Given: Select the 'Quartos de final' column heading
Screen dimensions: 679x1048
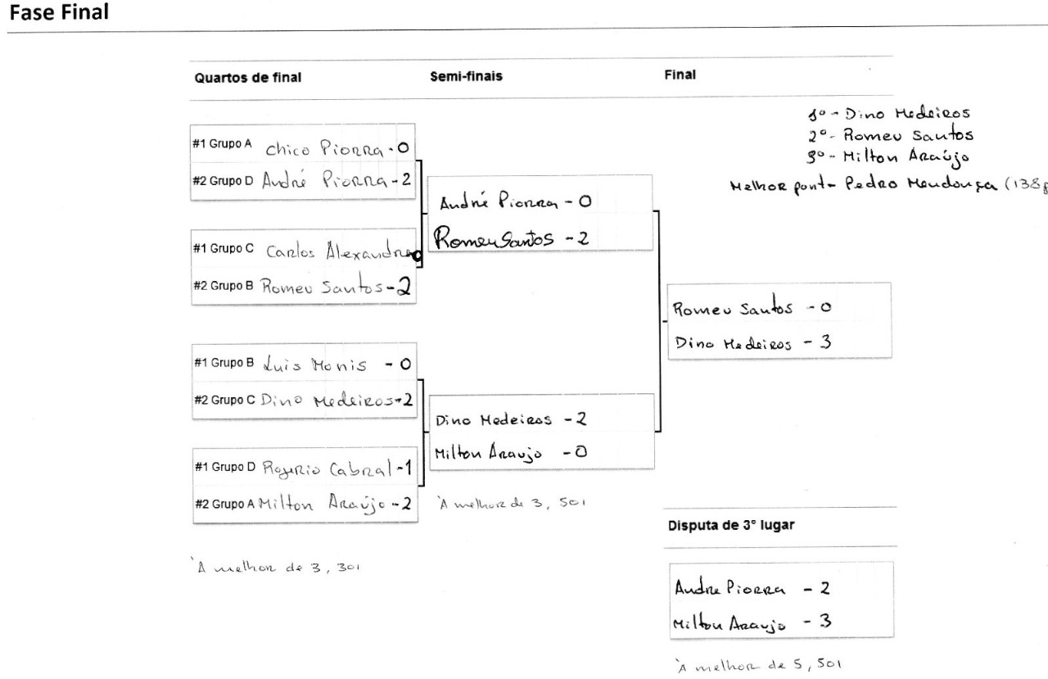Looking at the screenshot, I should coord(248,79).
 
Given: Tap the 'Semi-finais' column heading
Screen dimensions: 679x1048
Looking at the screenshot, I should coord(466,77).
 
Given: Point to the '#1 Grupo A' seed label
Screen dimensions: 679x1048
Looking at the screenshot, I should coord(222,143).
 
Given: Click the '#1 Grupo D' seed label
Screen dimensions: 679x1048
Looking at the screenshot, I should coord(223,467).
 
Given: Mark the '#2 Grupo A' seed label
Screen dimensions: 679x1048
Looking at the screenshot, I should coord(222,503).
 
